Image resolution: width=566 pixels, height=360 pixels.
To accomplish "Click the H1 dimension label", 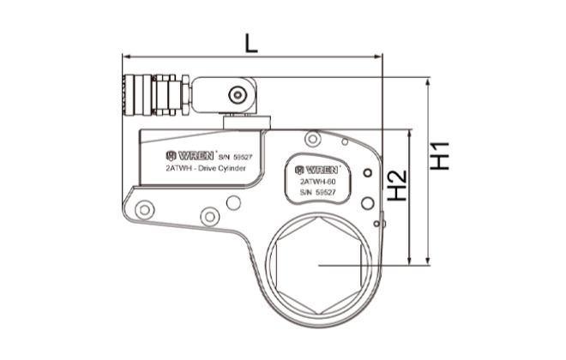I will [x=441, y=155].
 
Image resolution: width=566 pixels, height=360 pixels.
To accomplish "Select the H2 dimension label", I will [x=396, y=184].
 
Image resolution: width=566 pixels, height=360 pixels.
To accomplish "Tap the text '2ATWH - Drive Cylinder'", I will [x=206, y=170].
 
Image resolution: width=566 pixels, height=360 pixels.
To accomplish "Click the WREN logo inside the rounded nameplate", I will [x=316, y=167].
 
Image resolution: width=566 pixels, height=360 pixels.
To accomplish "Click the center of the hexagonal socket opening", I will [x=318, y=266].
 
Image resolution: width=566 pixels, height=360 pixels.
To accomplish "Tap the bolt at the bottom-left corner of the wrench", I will [x=145, y=207].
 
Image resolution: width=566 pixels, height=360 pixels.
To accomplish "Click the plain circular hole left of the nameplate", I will [x=232, y=202].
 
